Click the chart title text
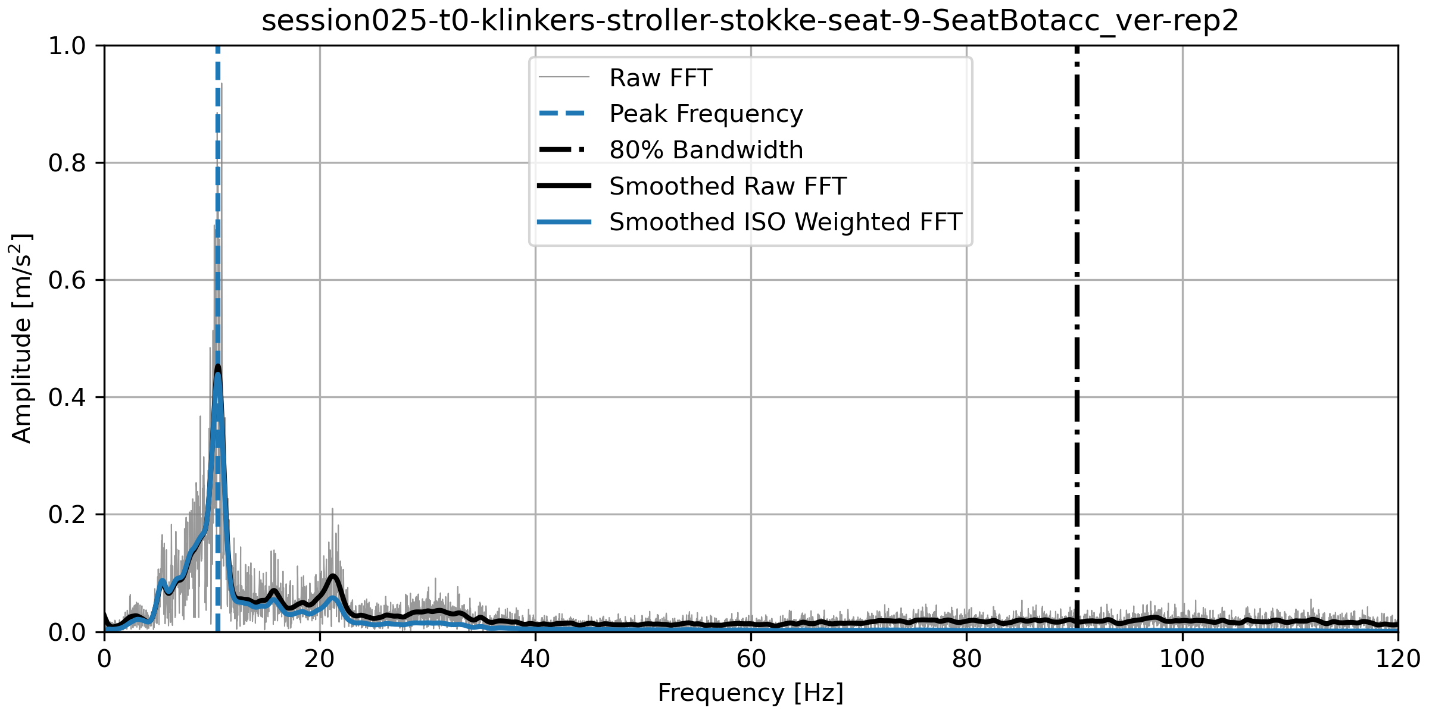[x=750, y=21]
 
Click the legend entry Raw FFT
[x=660, y=78]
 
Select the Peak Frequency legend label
[x=706, y=114]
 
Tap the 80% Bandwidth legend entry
[x=706, y=150]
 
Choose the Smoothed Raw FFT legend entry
[x=727, y=186]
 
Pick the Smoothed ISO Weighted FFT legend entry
[x=785, y=222]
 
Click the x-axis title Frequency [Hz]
[x=750, y=693]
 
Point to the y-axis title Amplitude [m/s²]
[x=21, y=338]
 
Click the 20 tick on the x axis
[x=320, y=659]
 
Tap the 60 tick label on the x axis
[x=751, y=659]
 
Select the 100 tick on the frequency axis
[x=1182, y=659]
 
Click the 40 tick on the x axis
[x=535, y=659]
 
